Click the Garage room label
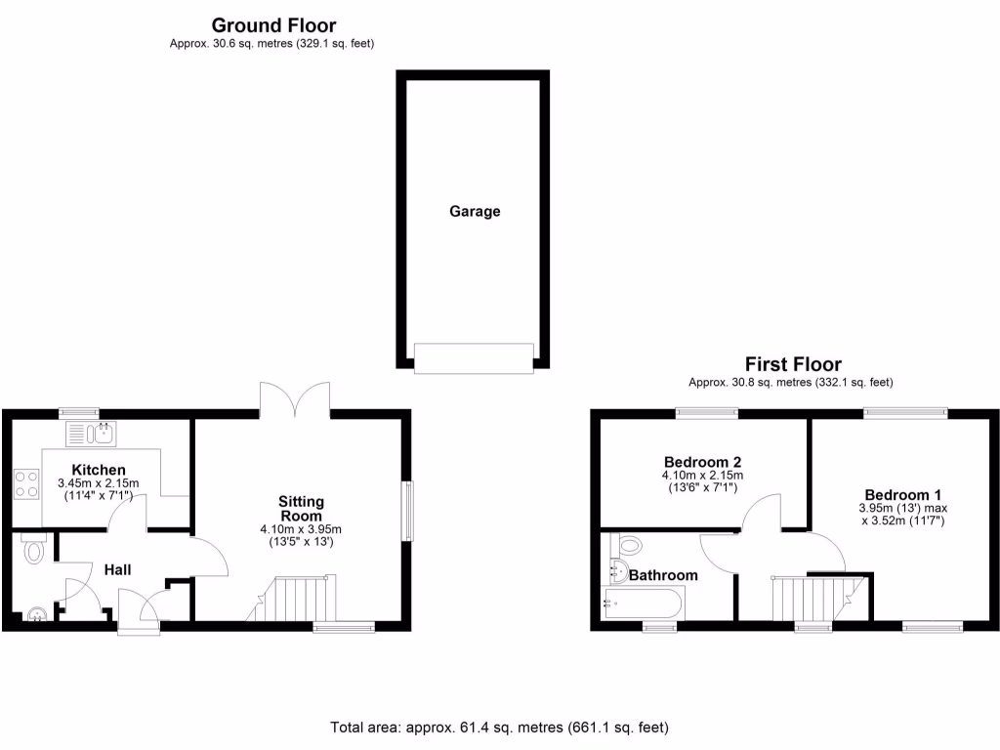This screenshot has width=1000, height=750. coord(475,211)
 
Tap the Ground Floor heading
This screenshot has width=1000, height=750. coord(273,25)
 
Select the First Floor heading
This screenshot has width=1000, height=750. coord(793,364)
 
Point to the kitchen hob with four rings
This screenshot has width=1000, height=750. coord(26,484)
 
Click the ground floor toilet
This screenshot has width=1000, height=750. coord(34,550)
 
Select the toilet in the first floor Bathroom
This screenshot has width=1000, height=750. coord(628,545)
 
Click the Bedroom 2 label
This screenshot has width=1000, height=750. coord(703,462)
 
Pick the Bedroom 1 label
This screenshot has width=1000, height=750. coord(902,494)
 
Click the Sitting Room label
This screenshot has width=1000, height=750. coord(301,509)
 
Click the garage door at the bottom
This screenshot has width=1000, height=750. coord(475,357)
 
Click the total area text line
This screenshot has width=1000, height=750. coord(499,728)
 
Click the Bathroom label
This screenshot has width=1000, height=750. coord(664,575)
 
